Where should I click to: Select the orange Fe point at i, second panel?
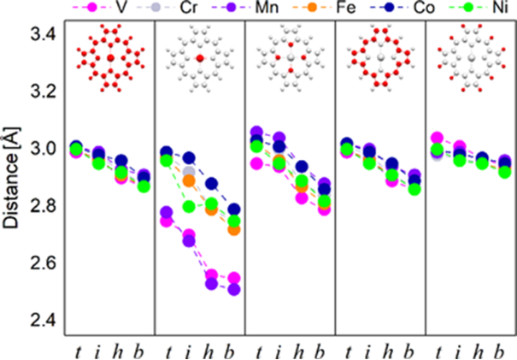coord(189,181)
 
